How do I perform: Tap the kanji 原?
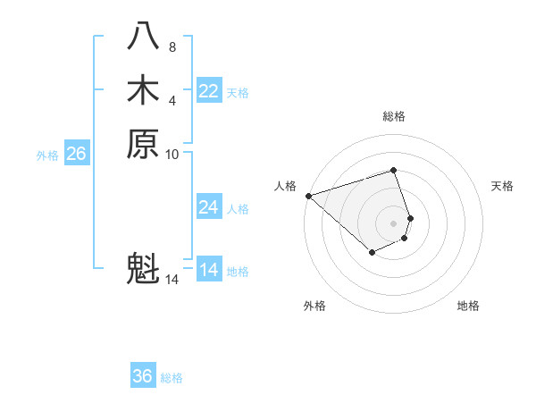pos(143,143)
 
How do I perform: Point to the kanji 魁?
pos(143,268)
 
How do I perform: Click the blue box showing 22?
pos(209,91)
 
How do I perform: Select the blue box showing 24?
pos(209,207)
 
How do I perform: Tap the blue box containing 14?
pos(209,270)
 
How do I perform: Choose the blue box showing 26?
pos(77,154)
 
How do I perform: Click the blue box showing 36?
pos(143,376)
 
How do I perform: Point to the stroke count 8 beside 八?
pos(172,46)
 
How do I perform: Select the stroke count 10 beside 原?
pos(172,154)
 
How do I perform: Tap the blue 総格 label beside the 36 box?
pos(172,378)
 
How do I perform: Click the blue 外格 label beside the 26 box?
pos(47,155)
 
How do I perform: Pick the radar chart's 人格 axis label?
pos(285,186)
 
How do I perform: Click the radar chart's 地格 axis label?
pos(468,306)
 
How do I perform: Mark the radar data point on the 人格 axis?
pos(308,196)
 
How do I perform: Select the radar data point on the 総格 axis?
pos(393,170)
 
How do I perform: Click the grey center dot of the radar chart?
pos(393,223)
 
